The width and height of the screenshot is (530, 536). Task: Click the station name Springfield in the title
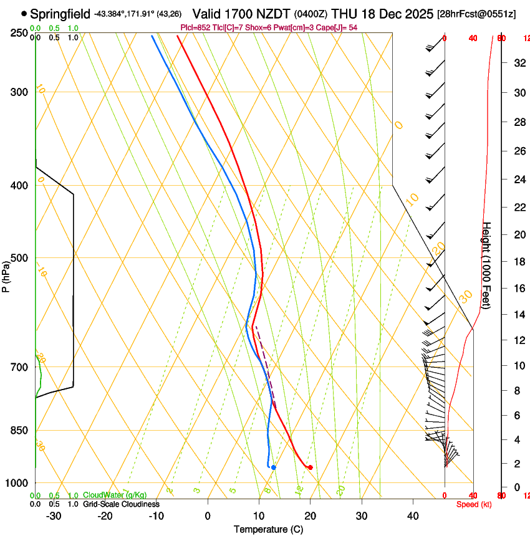(60, 14)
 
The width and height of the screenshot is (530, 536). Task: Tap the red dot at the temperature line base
(310, 467)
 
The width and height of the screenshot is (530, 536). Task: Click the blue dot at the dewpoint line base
(273, 467)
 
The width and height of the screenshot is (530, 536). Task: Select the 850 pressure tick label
(19, 431)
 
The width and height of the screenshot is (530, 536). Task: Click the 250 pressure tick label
(19, 33)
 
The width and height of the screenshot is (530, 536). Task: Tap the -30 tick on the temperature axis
(54, 515)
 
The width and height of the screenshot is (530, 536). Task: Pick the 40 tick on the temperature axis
(412, 515)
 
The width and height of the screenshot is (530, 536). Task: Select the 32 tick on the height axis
(519, 63)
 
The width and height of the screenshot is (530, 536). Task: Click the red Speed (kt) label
(473, 504)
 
